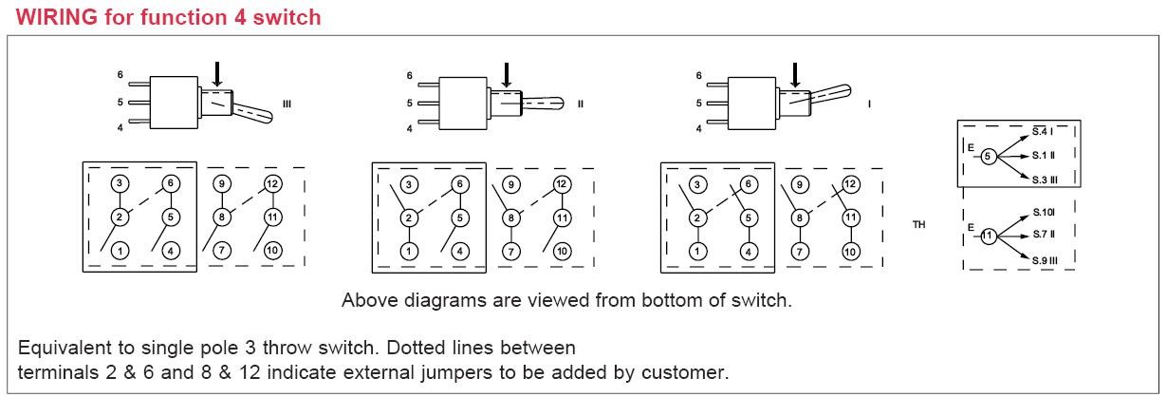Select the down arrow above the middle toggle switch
tap(506, 74)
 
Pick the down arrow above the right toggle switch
tap(795, 74)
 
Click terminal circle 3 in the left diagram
tap(120, 184)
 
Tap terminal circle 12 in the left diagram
tap(272, 184)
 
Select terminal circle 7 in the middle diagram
tap(510, 252)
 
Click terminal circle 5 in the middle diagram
tap(460, 217)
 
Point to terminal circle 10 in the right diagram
tap(851, 252)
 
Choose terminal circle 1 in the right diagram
tap(698, 252)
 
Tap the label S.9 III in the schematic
tap(1045, 260)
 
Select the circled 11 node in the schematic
tap(988, 235)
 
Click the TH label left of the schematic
tap(918, 225)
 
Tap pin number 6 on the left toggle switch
tap(120, 74)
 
